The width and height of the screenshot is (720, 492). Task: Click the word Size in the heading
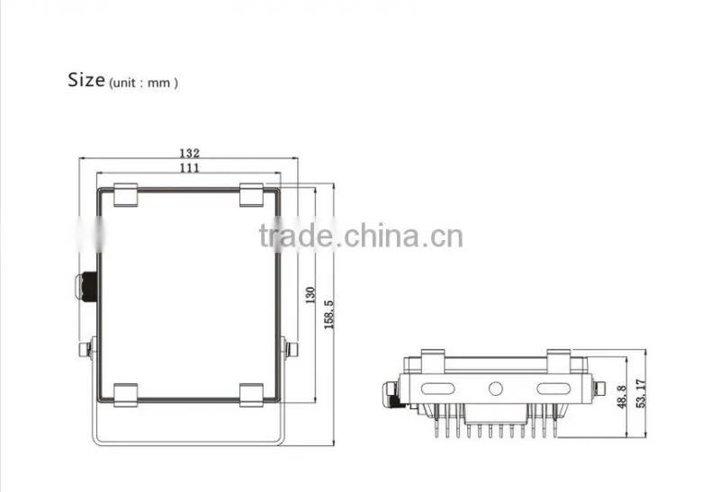pyautogui.click(x=86, y=79)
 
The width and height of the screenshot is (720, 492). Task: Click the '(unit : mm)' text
pyautogui.click(x=143, y=83)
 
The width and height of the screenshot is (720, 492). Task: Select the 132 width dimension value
pyautogui.click(x=189, y=153)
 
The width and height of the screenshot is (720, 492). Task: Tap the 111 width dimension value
pyautogui.click(x=189, y=167)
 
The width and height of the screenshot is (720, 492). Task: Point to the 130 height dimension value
pyautogui.click(x=310, y=295)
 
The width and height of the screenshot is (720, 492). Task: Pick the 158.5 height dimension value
pyautogui.click(x=328, y=315)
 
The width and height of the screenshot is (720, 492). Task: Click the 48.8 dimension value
pyautogui.click(x=622, y=397)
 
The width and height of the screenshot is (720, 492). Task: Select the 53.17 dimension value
pyautogui.click(x=641, y=393)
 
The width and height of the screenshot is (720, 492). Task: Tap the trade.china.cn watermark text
pyautogui.click(x=361, y=236)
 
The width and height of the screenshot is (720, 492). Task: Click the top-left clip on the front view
pyautogui.click(x=125, y=195)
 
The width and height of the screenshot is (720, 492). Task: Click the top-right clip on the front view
pyautogui.click(x=252, y=195)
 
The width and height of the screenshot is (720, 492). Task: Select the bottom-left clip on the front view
pyautogui.click(x=125, y=395)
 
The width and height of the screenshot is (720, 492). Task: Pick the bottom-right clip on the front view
pyautogui.click(x=252, y=395)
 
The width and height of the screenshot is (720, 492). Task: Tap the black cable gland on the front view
pyautogui.click(x=86, y=287)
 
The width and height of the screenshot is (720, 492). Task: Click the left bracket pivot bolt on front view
pyautogui.click(x=87, y=349)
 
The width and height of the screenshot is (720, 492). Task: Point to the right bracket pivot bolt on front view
pyautogui.click(x=289, y=349)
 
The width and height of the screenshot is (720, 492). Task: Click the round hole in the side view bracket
pyautogui.click(x=496, y=389)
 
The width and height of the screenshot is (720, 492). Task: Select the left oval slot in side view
pyautogui.click(x=437, y=389)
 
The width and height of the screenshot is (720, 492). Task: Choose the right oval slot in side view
pyautogui.click(x=553, y=389)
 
